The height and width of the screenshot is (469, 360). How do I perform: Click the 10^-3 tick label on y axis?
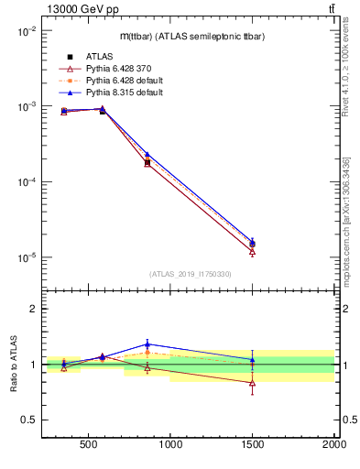26,107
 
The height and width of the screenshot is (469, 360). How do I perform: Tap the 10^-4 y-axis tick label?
26,182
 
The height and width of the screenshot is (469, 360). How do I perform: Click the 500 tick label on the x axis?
89,448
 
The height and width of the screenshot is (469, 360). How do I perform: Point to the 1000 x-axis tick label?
170,448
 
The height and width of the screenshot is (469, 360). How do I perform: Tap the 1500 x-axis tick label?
252,448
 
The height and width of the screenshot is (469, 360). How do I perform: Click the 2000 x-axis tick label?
333,448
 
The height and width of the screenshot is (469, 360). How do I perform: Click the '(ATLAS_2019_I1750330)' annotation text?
190,274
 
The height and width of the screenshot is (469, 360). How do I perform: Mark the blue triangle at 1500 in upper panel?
252,241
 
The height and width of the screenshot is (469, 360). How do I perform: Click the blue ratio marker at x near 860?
147,344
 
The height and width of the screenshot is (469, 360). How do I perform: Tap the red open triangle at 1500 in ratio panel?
252,383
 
